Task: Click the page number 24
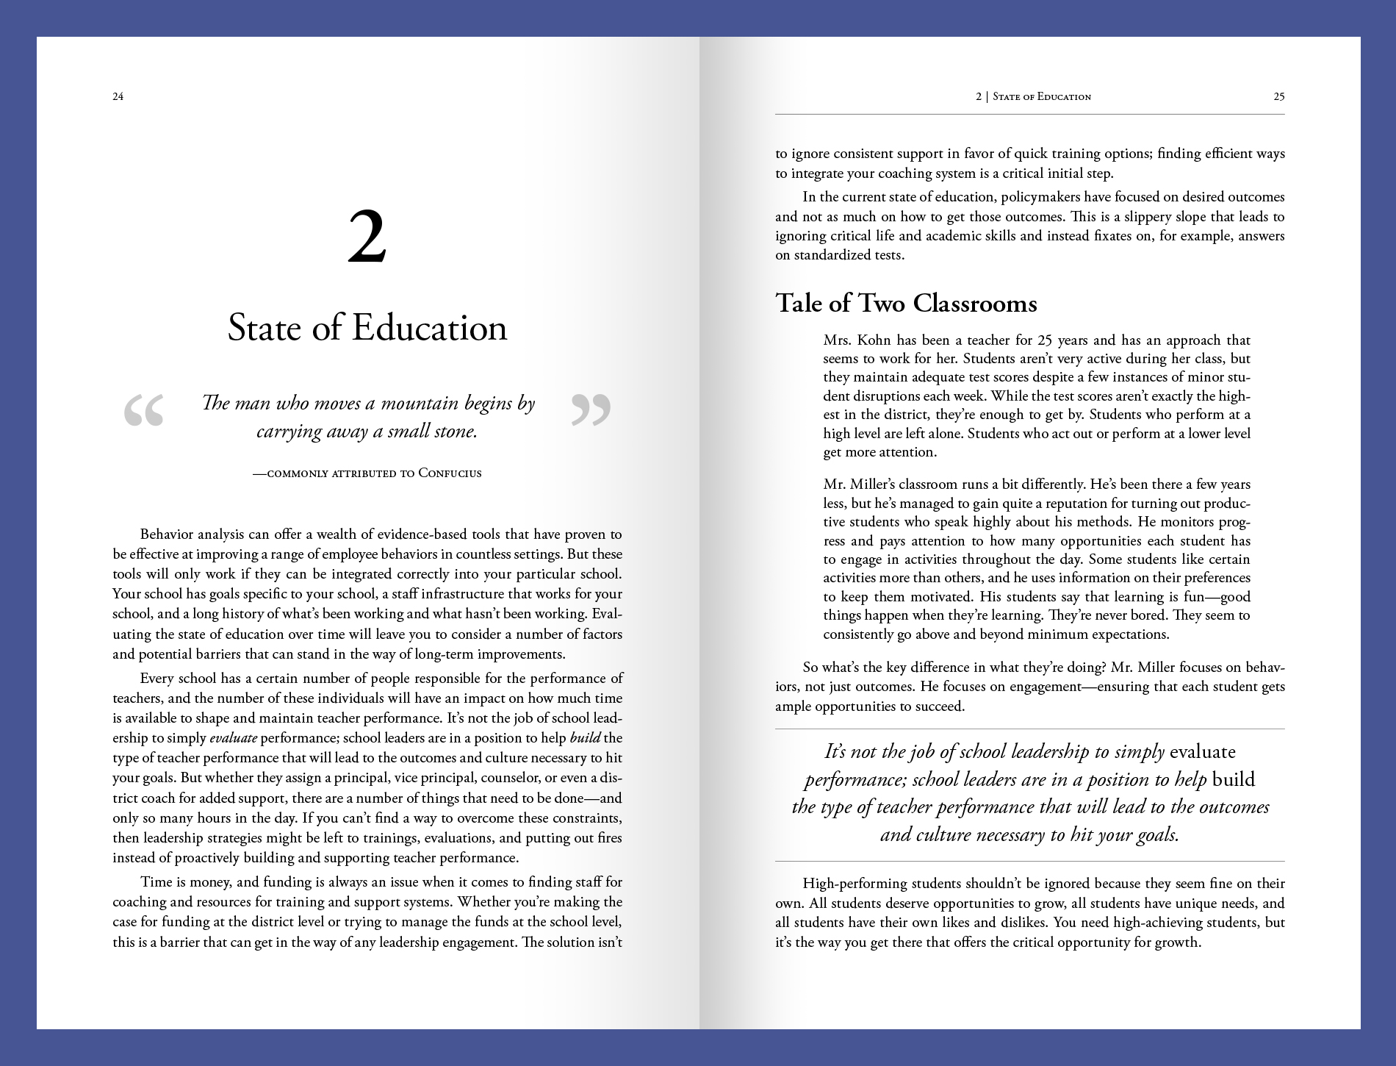(118, 96)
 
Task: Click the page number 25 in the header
(1278, 96)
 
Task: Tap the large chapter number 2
(367, 237)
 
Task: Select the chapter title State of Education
(367, 328)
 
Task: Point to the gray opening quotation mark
(144, 410)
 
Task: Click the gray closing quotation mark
(591, 410)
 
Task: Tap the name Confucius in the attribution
(450, 473)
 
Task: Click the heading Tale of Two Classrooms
(906, 303)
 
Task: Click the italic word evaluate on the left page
(233, 738)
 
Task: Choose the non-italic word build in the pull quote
(1234, 779)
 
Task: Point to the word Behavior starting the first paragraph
(168, 534)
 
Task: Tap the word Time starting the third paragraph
(154, 882)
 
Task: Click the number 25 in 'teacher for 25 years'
(1046, 340)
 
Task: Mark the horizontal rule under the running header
(1029, 114)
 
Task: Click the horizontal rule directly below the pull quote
(1029, 861)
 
